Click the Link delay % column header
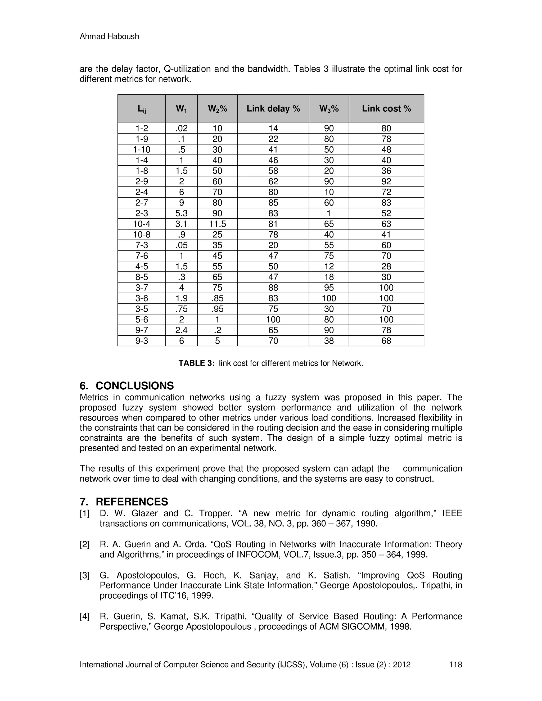[273, 108]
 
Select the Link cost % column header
[386, 108]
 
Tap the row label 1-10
[142, 149]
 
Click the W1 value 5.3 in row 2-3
[181, 213]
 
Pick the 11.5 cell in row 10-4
[217, 224]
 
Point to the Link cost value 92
[386, 181]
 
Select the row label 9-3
[142, 340]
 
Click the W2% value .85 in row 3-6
[217, 298]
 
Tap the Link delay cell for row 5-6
[273, 319]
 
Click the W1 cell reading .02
[181, 128]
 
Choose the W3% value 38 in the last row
[329, 340]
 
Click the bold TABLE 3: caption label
[196, 363]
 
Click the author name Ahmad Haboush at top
[109, 36]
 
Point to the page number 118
[455, 664]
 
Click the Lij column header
[142, 109]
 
